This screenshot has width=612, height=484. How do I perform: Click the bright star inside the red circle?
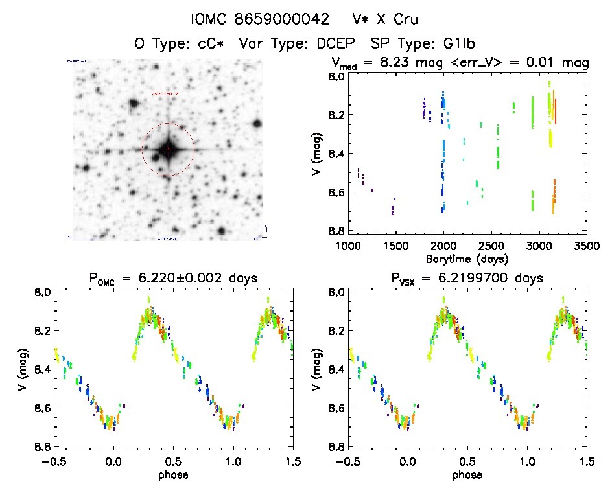coord(168,150)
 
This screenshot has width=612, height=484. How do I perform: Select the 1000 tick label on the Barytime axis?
coord(348,246)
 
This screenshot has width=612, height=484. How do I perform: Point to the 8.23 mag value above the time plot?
coord(397,63)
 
